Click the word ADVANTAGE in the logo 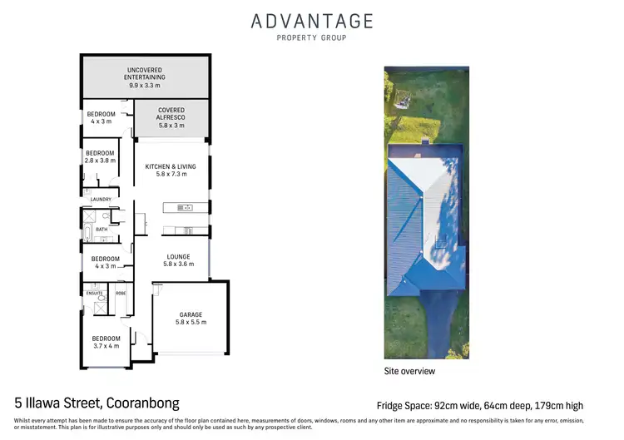(x=312, y=21)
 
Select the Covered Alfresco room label (x=171, y=114)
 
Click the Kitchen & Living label (x=171, y=166)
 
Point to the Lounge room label (x=177, y=256)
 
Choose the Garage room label (x=191, y=314)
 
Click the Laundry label (x=101, y=199)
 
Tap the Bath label (x=102, y=229)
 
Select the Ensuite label (x=94, y=293)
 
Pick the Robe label (x=121, y=293)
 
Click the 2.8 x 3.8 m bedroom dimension (x=100, y=161)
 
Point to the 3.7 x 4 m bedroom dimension (x=106, y=346)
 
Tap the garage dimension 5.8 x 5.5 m (x=191, y=323)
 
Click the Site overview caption (x=409, y=369)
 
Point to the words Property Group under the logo (x=312, y=37)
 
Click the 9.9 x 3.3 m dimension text (x=146, y=85)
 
